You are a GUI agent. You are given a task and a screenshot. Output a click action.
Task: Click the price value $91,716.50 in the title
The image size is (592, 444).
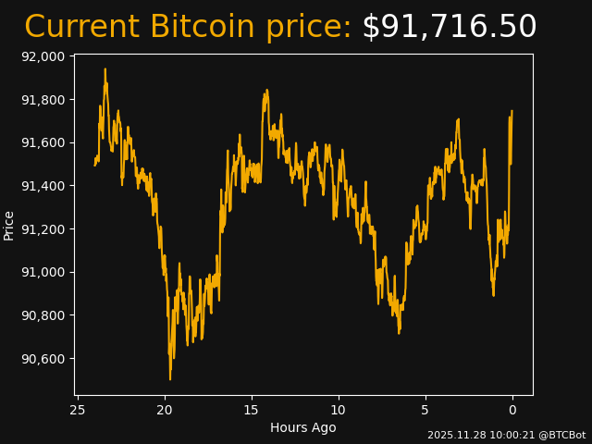[x=449, y=27]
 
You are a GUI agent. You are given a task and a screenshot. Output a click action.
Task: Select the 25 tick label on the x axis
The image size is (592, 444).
[x=78, y=410]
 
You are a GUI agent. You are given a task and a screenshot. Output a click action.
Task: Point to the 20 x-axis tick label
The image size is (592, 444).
[x=165, y=410]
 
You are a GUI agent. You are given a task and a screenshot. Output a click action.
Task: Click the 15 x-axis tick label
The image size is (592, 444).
[x=252, y=410]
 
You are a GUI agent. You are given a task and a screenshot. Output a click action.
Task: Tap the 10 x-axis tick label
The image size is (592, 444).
[x=339, y=410]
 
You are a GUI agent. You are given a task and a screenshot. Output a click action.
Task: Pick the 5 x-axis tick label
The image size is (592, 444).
[x=425, y=410]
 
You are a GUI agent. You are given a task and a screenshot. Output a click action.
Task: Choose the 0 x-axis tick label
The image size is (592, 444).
[x=512, y=410]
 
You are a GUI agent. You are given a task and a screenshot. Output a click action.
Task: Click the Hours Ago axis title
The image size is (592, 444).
[x=303, y=427]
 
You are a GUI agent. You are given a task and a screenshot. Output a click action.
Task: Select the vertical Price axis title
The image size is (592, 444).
[x=9, y=225]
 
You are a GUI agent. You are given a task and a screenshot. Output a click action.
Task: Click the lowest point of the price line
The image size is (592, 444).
[x=170, y=378]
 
